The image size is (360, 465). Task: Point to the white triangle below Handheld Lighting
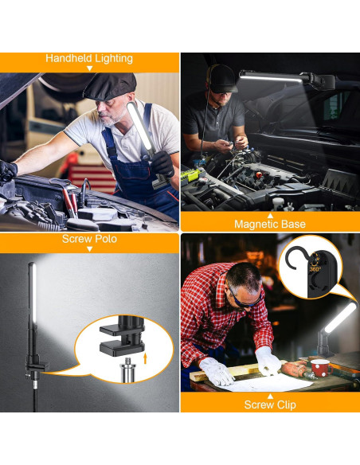pos(89,69)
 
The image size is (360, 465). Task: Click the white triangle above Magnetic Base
pos(269,214)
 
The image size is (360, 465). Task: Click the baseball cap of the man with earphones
pos(221,77)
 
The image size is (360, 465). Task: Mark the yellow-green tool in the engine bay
pos(190,172)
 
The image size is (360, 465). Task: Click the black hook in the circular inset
pos(299,260)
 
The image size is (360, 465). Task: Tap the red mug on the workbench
pos(319,366)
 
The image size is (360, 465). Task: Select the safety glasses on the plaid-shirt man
pos(244,299)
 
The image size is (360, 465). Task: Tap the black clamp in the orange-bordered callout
pos(120,338)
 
